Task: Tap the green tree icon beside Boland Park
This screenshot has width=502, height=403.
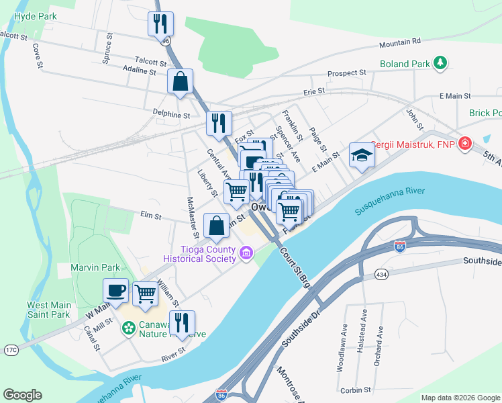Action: click(x=440, y=63)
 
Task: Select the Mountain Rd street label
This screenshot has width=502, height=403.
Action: click(x=399, y=43)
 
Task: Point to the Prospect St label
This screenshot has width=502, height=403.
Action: click(x=346, y=73)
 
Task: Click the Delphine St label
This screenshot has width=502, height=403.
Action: click(x=171, y=115)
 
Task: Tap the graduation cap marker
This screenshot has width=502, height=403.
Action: click(x=361, y=156)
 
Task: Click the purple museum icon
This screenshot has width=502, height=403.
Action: click(x=246, y=254)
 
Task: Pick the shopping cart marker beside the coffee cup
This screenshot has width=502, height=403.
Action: click(x=145, y=294)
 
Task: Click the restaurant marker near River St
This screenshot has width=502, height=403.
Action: click(x=181, y=322)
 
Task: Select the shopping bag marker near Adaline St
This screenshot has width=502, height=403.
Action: click(x=181, y=81)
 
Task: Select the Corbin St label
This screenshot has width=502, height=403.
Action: click(x=355, y=390)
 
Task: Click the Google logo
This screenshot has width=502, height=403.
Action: click(x=22, y=395)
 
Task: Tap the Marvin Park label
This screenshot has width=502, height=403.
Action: click(x=95, y=267)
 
